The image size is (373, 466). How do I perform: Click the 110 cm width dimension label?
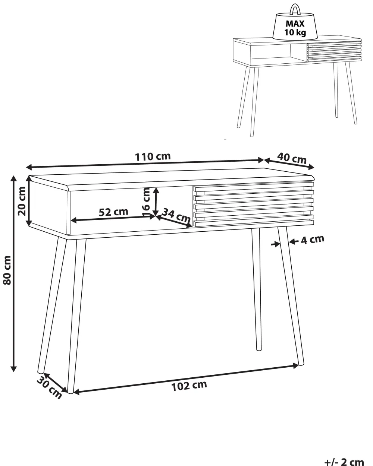[153, 157]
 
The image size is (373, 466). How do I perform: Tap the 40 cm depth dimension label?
[292, 158]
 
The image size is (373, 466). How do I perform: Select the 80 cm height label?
[7, 270]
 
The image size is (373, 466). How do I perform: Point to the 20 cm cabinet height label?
[22, 201]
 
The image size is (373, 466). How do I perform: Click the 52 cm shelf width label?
[113, 212]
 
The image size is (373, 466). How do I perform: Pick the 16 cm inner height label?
[147, 202]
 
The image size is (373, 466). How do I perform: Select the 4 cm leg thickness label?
[313, 240]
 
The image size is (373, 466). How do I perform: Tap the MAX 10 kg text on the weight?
[295, 28]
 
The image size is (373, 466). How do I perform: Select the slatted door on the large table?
[254, 204]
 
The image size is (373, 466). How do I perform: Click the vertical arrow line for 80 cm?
[14, 274]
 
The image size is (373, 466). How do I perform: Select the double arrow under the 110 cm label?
[145, 164]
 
